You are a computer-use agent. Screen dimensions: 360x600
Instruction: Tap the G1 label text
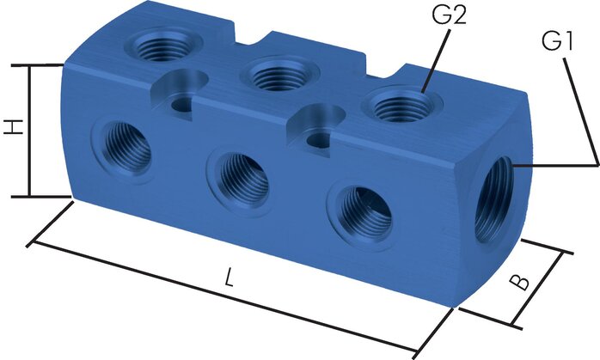click(x=557, y=40)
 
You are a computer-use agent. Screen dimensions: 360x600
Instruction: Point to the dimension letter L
click(x=228, y=277)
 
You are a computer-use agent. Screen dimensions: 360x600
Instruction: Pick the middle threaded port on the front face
click(x=239, y=178)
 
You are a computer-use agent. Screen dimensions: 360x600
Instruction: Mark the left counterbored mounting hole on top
click(x=181, y=99)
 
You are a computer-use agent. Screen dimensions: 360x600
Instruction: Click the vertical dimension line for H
click(x=30, y=129)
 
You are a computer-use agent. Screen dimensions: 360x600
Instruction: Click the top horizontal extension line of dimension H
click(x=39, y=64)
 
